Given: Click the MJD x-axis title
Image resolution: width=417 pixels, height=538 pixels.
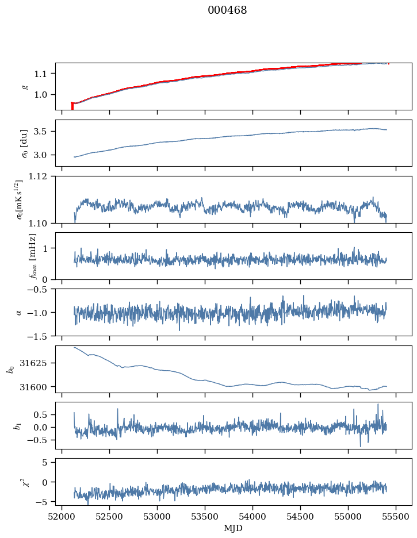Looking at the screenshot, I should [x=233, y=528].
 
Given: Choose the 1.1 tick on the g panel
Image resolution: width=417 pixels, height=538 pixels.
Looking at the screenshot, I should [x=44, y=74].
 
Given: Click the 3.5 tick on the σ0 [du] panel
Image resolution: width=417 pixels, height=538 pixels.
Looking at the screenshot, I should [x=44, y=131].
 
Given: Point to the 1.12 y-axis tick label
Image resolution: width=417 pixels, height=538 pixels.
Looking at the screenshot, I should [x=41, y=176].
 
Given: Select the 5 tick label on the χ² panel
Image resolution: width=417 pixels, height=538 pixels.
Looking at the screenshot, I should [x=48, y=462].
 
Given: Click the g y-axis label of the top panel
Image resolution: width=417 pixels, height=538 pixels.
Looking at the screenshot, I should [x=24, y=86].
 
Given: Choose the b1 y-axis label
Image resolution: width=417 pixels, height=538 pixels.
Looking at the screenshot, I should [x=18, y=425].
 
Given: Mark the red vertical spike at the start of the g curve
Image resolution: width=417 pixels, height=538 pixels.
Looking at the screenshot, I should [x=72, y=106].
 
